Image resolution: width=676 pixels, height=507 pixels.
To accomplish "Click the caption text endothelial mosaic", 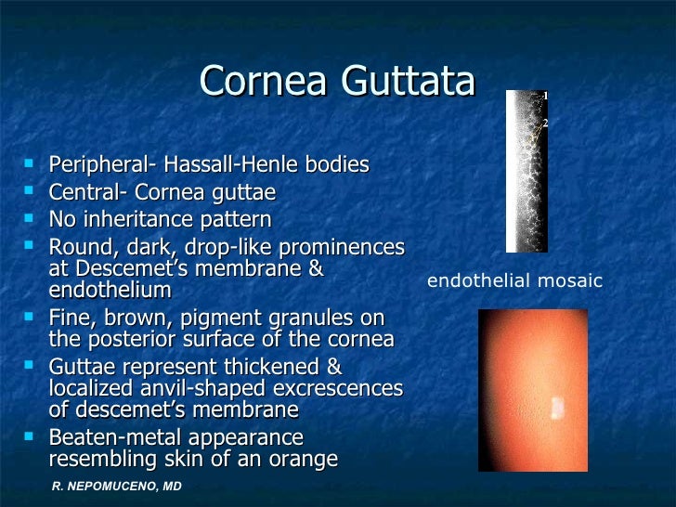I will tap(514, 280).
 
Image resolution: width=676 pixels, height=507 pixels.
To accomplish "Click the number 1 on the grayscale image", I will tap(545, 96).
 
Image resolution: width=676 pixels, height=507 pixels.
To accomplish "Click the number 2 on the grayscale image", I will tap(545, 123).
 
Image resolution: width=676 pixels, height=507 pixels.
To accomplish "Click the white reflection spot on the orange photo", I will tap(557, 407).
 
